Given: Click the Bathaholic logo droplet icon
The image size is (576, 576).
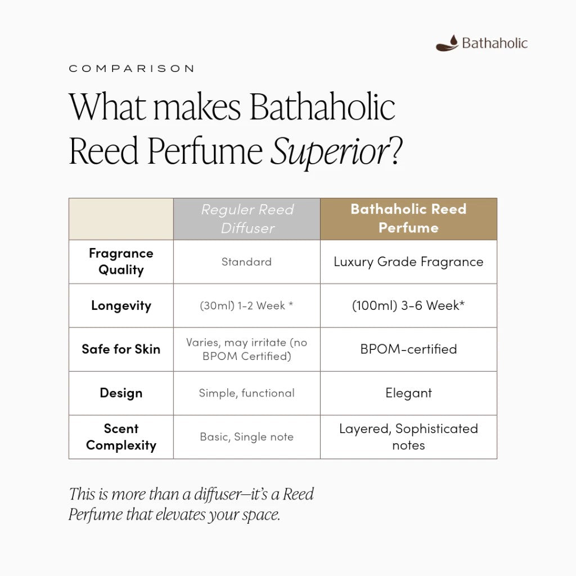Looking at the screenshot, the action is [x=447, y=43].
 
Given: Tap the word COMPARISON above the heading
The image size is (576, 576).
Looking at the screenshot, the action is [x=132, y=69].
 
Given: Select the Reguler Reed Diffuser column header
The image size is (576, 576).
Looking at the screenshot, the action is [x=247, y=219].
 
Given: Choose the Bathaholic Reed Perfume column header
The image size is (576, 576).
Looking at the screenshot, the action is [x=408, y=219].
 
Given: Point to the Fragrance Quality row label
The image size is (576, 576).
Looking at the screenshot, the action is [x=121, y=262].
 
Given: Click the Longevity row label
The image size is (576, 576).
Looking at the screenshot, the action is [x=121, y=305].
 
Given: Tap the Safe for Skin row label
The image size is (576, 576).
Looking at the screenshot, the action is [x=121, y=349].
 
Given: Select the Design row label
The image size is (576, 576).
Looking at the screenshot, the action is [x=121, y=393].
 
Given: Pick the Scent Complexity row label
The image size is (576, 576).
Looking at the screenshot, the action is [x=121, y=436].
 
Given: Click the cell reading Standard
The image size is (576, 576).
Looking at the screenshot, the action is [x=246, y=262].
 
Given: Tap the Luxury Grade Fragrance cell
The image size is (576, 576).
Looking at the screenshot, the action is [x=408, y=262].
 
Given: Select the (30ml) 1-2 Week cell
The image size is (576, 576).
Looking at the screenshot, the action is [x=246, y=305].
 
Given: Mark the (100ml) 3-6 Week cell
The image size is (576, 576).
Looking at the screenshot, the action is [x=408, y=305].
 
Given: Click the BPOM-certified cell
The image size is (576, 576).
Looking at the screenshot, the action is [x=408, y=349].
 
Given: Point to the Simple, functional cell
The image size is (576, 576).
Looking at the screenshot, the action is [x=246, y=393].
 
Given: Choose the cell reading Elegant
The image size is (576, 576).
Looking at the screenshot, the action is [x=408, y=393].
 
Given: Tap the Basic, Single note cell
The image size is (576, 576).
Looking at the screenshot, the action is [x=246, y=436].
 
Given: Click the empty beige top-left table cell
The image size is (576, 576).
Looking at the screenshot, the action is [x=121, y=219].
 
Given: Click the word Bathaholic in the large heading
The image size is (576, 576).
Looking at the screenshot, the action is [x=322, y=107].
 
